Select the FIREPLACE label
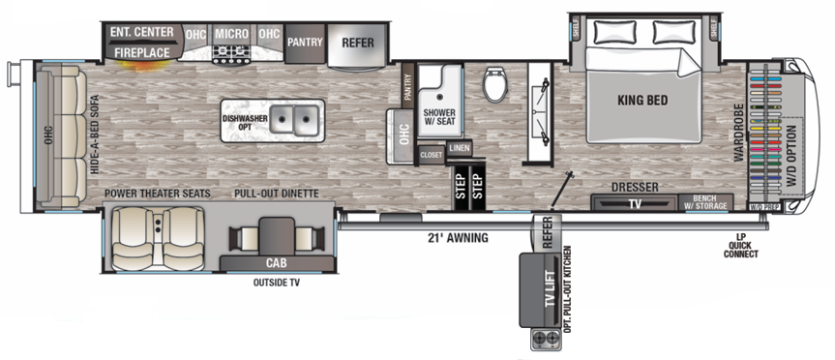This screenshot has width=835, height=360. point(139,51)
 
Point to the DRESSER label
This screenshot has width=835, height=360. point(634,188)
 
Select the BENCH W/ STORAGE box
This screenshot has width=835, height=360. point(711,202)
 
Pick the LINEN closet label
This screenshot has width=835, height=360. point(460,148)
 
